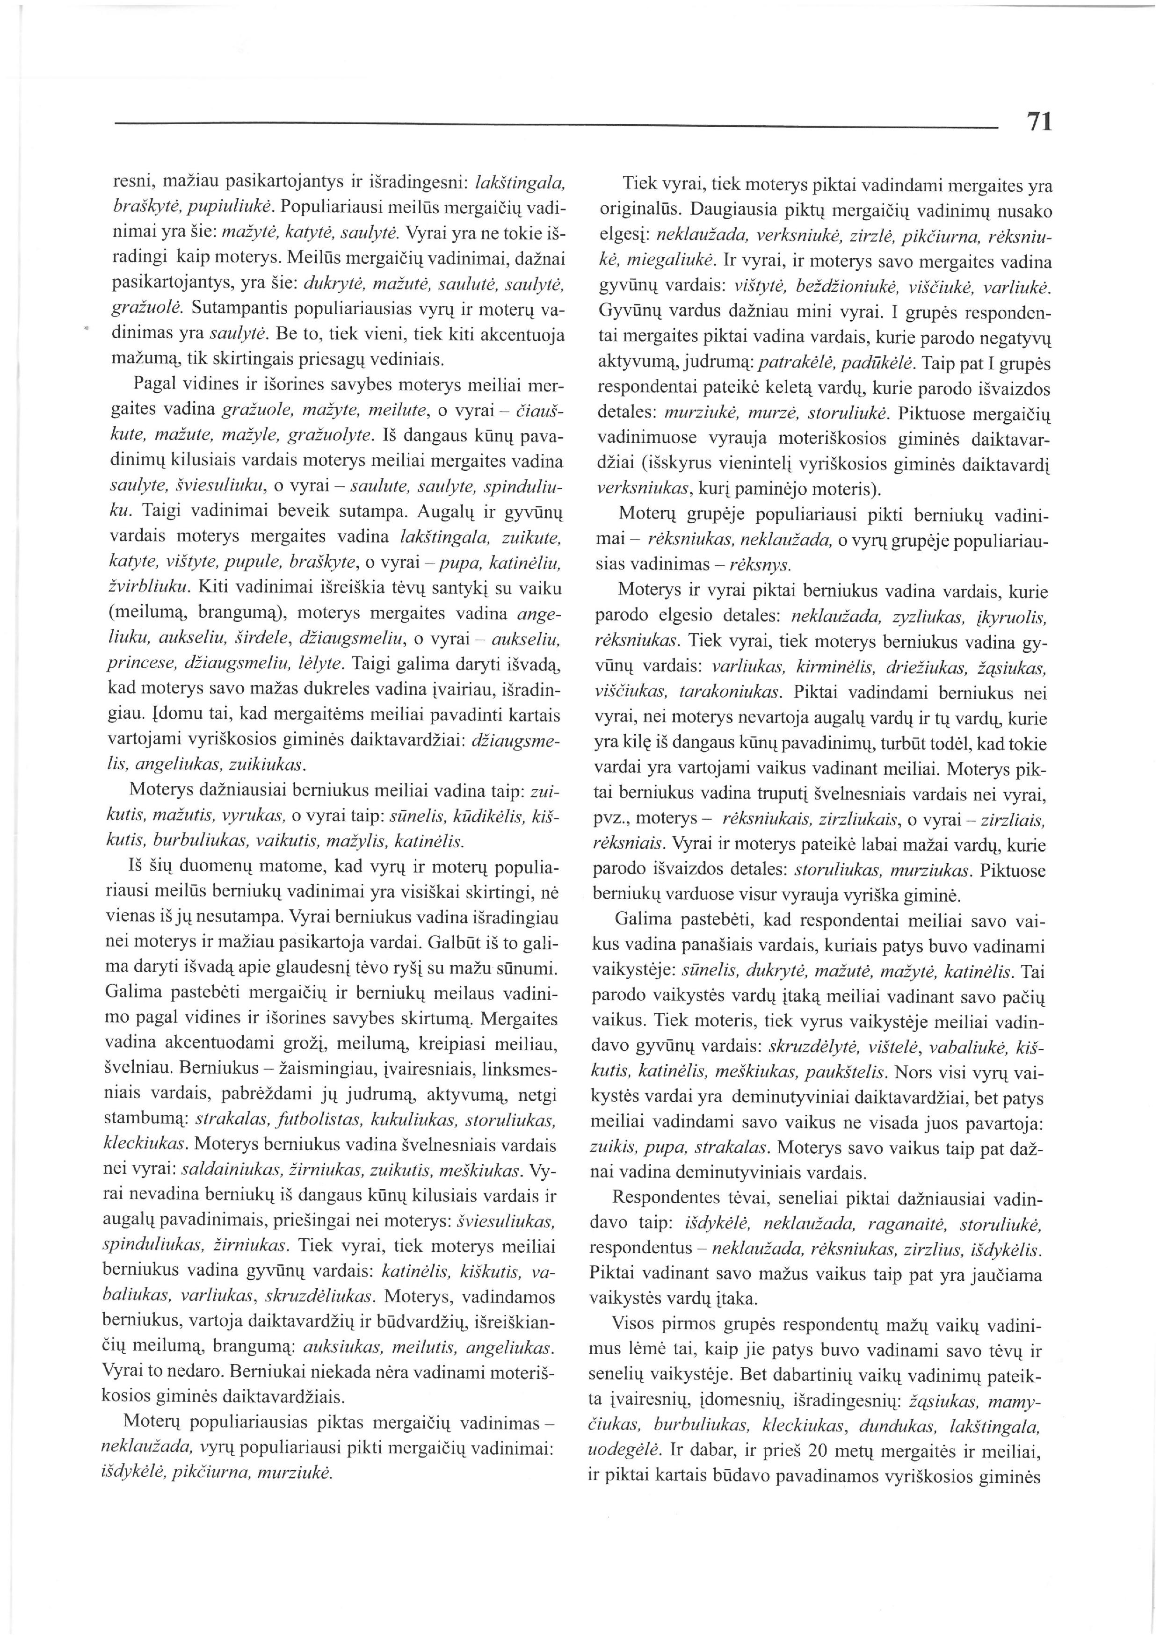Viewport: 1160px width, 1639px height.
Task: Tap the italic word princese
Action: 137,664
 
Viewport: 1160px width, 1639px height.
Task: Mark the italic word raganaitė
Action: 905,1226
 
